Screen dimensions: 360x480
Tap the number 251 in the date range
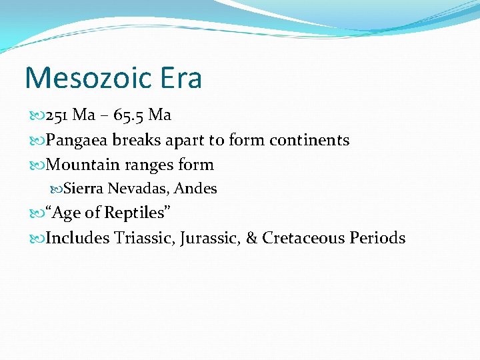coord(57,115)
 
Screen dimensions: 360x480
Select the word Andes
coord(195,189)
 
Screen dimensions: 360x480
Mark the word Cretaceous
coord(304,238)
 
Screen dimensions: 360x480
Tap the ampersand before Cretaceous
coord(252,238)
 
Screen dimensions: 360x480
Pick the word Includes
coord(77,238)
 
